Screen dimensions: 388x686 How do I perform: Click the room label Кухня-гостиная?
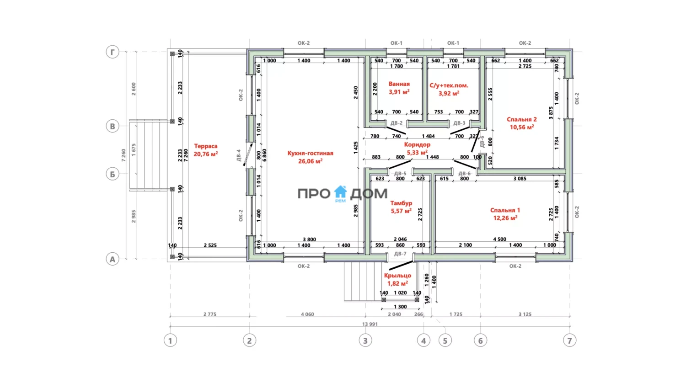pos(310,153)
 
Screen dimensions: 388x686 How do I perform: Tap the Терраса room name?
pos(205,146)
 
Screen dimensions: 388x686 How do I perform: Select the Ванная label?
pos(399,84)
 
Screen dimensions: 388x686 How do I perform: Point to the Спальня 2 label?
pos(521,119)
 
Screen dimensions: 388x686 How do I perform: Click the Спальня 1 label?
pos(505,210)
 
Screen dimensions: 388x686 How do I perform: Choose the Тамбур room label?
pos(401,203)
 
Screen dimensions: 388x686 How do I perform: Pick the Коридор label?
pos(417,144)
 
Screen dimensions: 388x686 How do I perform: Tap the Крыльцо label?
pos(397,276)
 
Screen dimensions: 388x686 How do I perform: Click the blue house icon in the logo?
pos(340,192)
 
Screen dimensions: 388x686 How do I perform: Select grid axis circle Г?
pos(113,52)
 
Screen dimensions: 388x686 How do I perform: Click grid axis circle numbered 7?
pos(569,340)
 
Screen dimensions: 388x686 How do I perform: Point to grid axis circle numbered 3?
pos(365,340)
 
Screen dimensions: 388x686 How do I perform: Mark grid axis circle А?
pos(113,259)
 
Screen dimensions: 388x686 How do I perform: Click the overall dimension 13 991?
pos(370,324)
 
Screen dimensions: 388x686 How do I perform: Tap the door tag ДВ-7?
pos(400,254)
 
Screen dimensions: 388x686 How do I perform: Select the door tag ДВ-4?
pos(238,155)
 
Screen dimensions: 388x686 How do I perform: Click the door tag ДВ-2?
pos(397,123)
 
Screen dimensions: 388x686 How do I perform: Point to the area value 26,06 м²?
pos(310,161)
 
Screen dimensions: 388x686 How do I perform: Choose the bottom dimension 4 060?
pos(307,314)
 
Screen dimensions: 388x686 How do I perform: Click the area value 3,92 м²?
pos(449,93)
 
